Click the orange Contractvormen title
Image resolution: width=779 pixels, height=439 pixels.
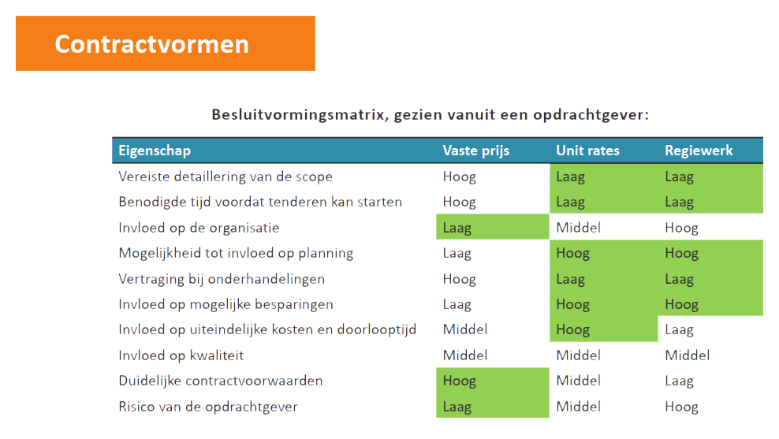point(151,44)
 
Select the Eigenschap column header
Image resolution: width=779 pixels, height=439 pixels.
point(155,151)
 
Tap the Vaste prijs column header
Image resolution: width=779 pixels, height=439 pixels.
point(476,151)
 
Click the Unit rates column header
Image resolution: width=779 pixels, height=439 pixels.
point(587,151)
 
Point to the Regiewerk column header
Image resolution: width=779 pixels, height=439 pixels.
point(699,151)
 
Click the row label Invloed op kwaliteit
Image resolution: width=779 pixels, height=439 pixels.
point(181,355)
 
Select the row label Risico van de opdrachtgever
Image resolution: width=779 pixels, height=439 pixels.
point(208,407)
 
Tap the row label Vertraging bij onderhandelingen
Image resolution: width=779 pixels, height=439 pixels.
point(222,278)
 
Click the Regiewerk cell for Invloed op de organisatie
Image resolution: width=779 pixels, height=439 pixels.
point(681,228)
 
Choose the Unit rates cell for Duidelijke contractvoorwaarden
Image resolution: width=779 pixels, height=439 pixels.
point(578,381)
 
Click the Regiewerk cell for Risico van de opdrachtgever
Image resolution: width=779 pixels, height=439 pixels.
point(681,407)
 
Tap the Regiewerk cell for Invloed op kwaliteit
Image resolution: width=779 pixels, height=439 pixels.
point(687,355)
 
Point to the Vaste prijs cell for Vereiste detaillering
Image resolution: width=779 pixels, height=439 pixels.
point(460,177)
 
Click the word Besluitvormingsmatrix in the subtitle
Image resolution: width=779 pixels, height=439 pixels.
point(300,115)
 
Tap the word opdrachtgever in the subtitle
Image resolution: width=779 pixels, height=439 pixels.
point(591,115)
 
